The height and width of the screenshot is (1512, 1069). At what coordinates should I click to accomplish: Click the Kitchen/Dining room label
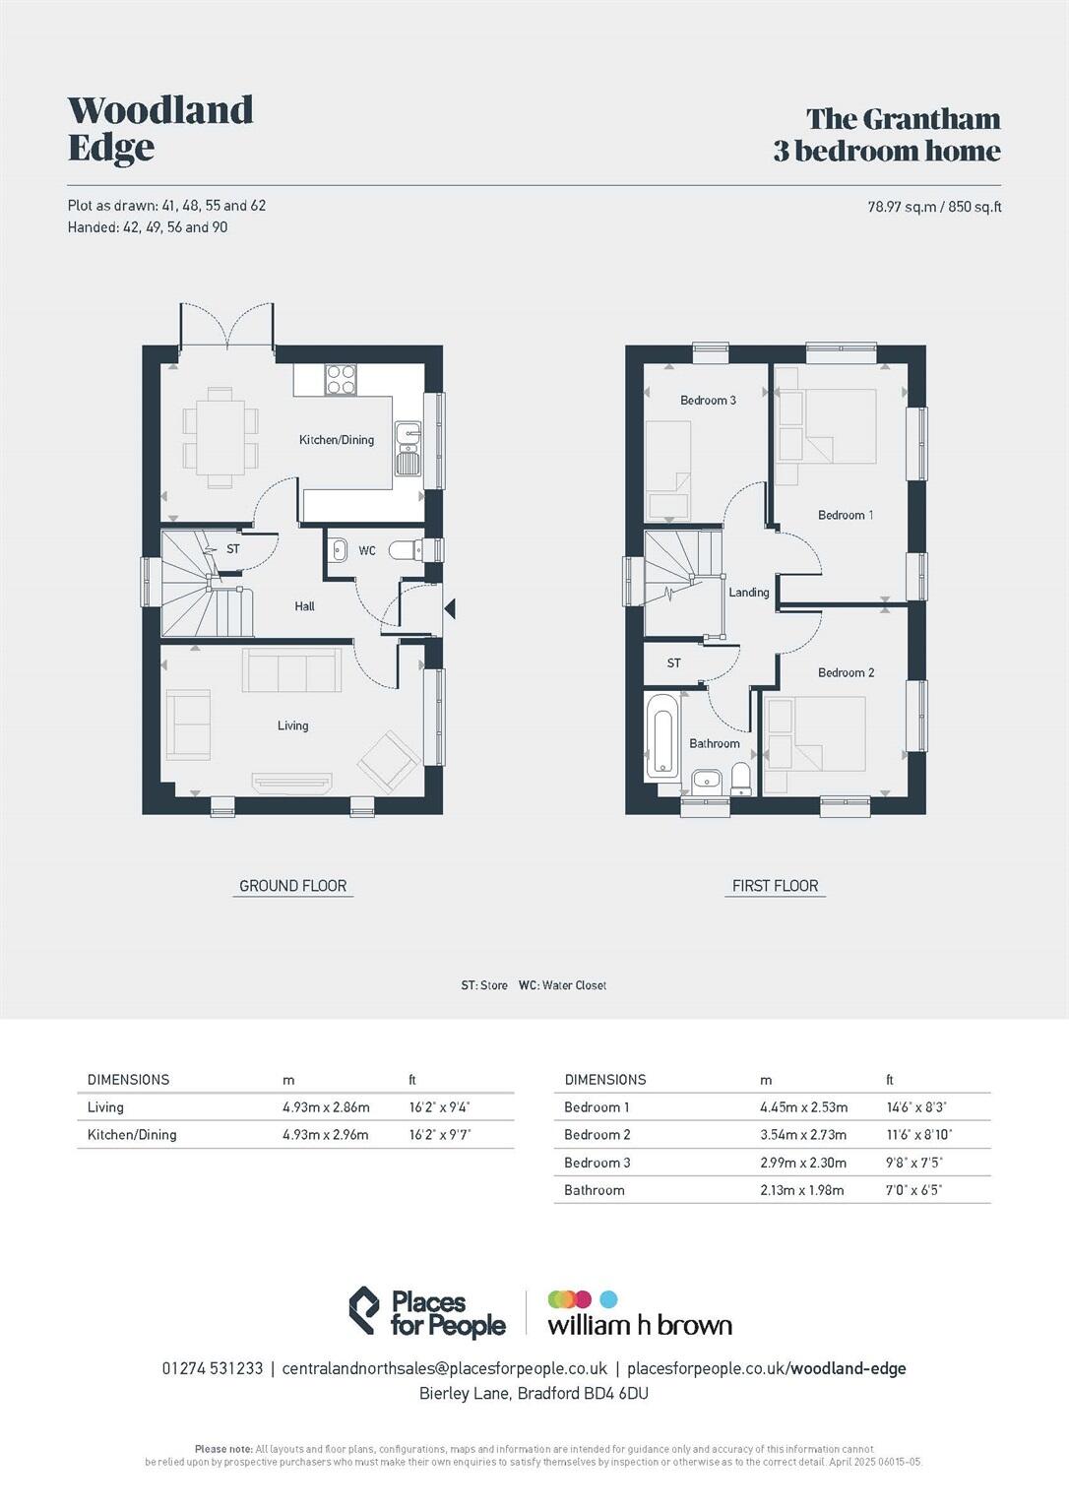pyautogui.click(x=337, y=440)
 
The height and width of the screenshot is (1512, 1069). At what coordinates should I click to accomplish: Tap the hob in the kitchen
pyautogui.click(x=341, y=380)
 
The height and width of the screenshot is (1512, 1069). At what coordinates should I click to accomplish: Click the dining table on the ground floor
pyautogui.click(x=220, y=437)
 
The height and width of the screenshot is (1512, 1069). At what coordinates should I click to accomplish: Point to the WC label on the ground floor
pyautogui.click(x=367, y=551)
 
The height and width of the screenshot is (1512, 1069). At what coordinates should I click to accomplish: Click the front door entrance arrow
pyautogui.click(x=450, y=609)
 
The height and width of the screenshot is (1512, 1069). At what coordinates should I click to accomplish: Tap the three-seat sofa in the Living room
pyautogui.click(x=291, y=671)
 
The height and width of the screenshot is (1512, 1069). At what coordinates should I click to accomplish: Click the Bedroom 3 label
pyautogui.click(x=708, y=401)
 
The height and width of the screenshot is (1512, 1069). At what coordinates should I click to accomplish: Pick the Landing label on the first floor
pyautogui.click(x=748, y=593)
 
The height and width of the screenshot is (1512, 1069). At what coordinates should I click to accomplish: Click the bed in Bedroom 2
pyautogui.click(x=815, y=733)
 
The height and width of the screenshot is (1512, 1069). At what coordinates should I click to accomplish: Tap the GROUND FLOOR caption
pyautogui.click(x=293, y=886)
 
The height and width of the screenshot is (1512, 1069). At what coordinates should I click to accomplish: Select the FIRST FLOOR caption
pyautogui.click(x=775, y=886)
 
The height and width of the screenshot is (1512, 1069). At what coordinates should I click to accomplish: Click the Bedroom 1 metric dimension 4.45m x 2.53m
pyautogui.click(x=803, y=1107)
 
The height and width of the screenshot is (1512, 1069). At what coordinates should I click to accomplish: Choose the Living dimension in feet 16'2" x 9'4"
pyautogui.click(x=439, y=1107)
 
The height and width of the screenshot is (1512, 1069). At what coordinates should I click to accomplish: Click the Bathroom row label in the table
pyautogui.click(x=594, y=1190)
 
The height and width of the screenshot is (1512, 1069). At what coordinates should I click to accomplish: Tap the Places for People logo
pyautogui.click(x=427, y=1313)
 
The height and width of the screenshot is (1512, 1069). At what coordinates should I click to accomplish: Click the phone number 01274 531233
pyautogui.click(x=213, y=1368)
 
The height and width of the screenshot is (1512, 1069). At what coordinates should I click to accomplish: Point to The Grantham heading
pyautogui.click(x=903, y=119)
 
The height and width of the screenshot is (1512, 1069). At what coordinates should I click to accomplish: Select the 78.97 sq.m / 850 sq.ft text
pyautogui.click(x=933, y=207)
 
